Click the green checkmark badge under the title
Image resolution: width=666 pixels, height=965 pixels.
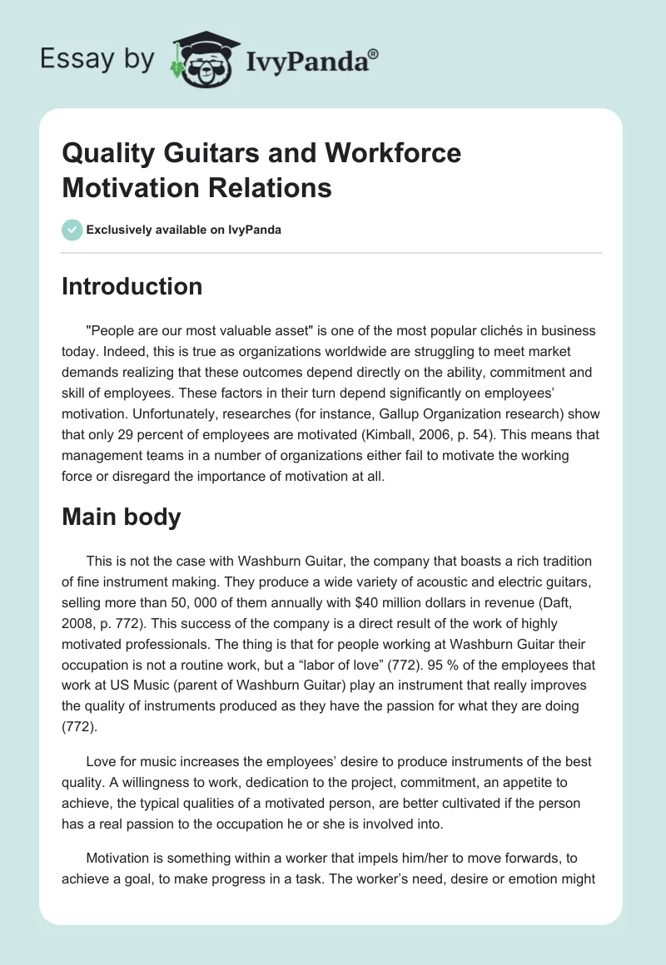click(72, 230)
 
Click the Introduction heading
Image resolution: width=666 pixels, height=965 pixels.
click(132, 286)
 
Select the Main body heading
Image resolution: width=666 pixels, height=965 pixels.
click(122, 517)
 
